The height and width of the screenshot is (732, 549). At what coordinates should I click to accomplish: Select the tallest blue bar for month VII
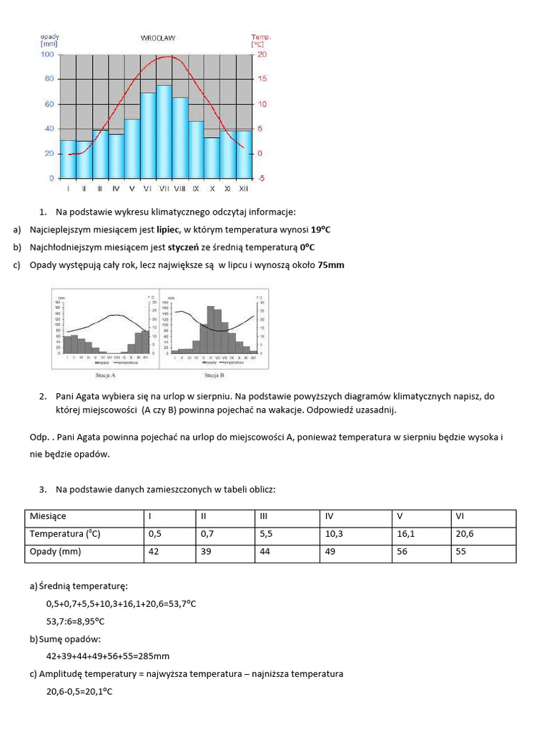click(164, 132)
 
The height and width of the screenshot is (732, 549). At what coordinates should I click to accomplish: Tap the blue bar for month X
click(212, 157)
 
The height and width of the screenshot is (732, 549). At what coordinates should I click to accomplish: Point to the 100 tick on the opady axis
click(47, 54)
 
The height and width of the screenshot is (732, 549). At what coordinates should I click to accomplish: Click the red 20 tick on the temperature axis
click(261, 54)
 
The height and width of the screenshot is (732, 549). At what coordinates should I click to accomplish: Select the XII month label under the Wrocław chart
click(244, 189)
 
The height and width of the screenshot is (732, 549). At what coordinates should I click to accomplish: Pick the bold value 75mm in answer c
click(331, 264)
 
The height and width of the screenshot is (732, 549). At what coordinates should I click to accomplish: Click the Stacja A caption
click(105, 374)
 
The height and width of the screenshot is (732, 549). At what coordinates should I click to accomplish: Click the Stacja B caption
click(214, 374)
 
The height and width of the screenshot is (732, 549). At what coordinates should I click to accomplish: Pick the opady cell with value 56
click(402, 552)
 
